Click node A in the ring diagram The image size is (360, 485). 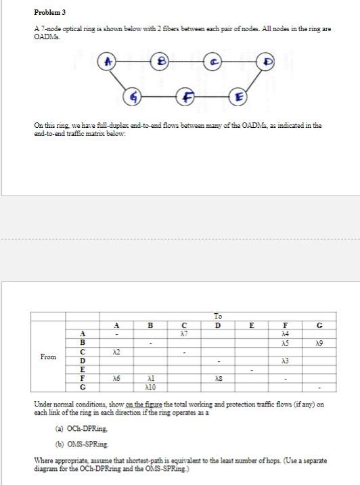[x=106, y=62]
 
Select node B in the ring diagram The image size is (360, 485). [x=160, y=62]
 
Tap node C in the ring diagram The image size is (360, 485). [x=212, y=62]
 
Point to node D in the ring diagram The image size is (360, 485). [x=266, y=62]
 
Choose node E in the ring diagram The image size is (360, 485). [x=238, y=97]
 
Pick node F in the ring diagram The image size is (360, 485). [x=185, y=97]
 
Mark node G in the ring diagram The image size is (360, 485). [x=132, y=97]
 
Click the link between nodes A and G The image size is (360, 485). [x=120, y=79]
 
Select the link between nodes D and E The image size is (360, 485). [x=252, y=79]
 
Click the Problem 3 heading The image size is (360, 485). [x=50, y=12]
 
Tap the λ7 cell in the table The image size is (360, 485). [x=184, y=333]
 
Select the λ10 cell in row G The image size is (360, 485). [x=150, y=387]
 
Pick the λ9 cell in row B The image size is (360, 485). [x=319, y=343]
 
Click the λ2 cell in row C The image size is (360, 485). [x=116, y=352]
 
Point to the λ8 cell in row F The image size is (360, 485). [x=218, y=378]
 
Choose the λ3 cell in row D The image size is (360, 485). [x=286, y=361]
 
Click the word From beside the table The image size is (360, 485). [x=48, y=356]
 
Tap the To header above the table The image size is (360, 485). [x=218, y=316]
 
